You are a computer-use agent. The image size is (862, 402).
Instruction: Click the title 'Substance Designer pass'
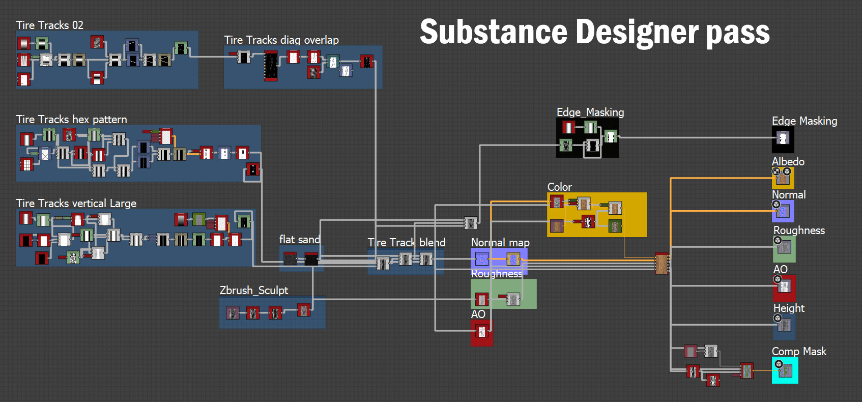point(594,32)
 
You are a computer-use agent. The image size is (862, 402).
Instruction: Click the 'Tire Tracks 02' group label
point(49,25)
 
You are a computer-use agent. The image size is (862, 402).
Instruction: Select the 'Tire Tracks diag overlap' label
point(281,40)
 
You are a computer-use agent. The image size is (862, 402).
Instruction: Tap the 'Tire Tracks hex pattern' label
point(71,119)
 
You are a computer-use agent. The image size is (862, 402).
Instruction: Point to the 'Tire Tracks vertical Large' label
point(76,203)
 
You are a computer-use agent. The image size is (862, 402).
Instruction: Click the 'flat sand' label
point(299,239)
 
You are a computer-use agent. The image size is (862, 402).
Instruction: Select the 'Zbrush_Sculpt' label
point(254,290)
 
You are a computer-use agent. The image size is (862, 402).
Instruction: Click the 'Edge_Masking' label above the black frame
point(590,112)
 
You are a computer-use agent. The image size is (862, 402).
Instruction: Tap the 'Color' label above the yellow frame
point(559,187)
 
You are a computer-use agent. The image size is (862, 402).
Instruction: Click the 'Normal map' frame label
point(500,242)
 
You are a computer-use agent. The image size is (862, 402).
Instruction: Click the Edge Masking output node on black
point(783,138)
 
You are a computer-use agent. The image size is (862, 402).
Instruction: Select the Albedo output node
point(783,178)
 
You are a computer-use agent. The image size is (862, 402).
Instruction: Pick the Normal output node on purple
point(783,211)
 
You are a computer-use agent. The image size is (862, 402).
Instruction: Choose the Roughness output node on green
point(784,247)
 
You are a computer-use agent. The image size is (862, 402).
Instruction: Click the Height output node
point(784,325)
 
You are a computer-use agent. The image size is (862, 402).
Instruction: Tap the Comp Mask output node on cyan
point(785,371)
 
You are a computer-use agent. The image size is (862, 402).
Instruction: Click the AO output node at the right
point(784,286)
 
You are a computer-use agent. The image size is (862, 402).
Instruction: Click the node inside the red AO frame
point(481,332)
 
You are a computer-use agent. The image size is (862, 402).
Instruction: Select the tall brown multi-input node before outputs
point(662,263)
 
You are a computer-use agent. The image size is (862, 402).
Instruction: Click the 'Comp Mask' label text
point(799,351)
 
